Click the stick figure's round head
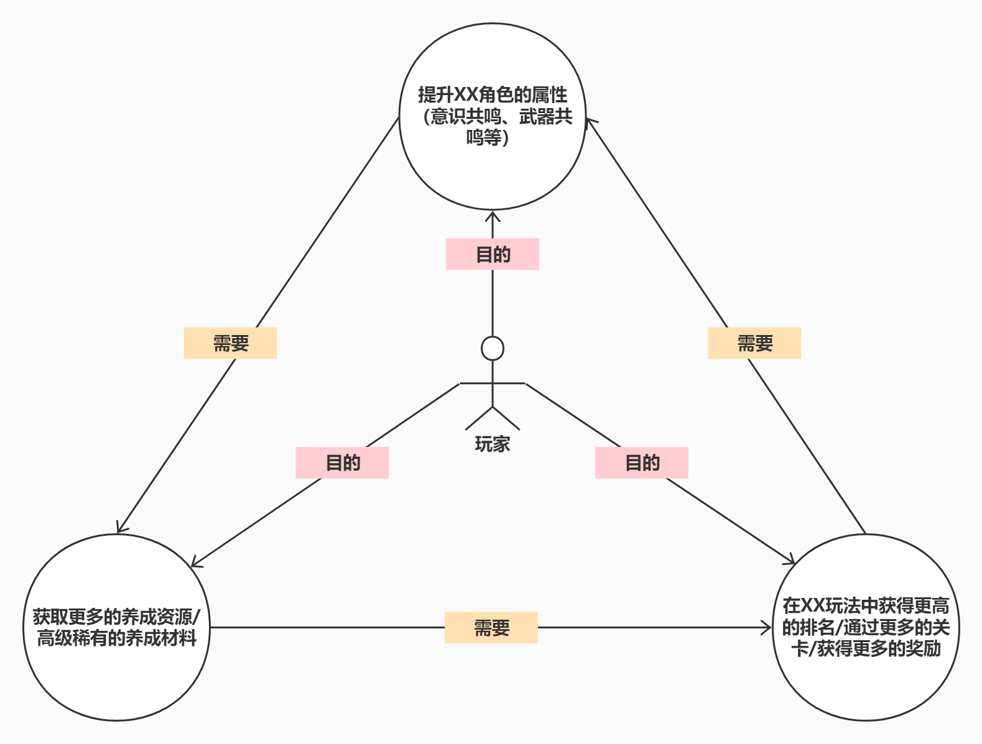pyautogui.click(x=493, y=348)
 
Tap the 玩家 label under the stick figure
pyautogui.click(x=493, y=444)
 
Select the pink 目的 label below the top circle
pyautogui.click(x=493, y=254)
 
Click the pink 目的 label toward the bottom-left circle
pyautogui.click(x=342, y=462)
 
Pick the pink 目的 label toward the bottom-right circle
pyautogui.click(x=642, y=462)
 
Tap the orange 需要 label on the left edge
pyautogui.click(x=230, y=343)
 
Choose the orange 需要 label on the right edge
pyautogui.click(x=754, y=343)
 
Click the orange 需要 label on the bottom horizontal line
pyautogui.click(x=491, y=628)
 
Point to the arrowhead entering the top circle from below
pyautogui.click(x=493, y=216)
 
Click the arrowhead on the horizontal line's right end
pyautogui.click(x=767, y=628)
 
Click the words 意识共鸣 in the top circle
pyautogui.click(x=457, y=116)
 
